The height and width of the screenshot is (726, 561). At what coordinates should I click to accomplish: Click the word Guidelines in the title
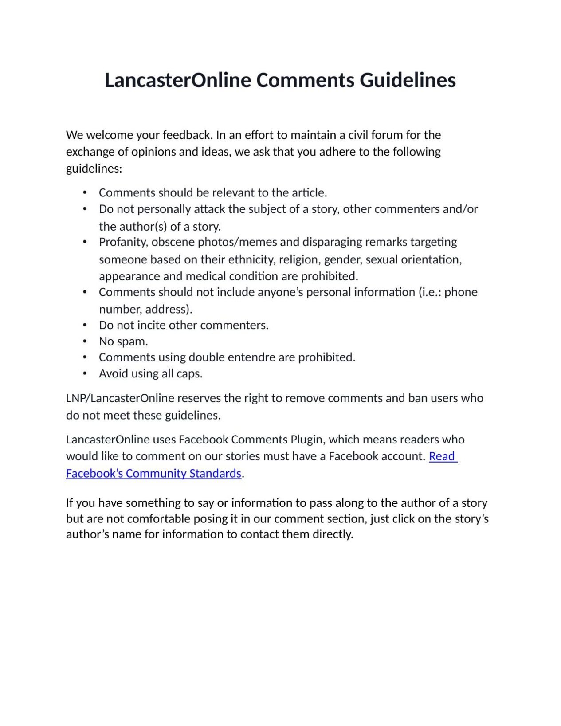(x=407, y=80)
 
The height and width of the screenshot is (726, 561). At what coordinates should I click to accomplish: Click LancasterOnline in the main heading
(x=177, y=80)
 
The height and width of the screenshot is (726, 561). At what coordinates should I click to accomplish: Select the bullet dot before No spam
(x=85, y=341)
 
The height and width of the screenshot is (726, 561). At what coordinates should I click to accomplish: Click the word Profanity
(x=123, y=242)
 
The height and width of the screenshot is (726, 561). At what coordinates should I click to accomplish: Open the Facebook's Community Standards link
(x=153, y=474)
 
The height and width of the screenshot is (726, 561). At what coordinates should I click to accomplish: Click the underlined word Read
(x=442, y=456)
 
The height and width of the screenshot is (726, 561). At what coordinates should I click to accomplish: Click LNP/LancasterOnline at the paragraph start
(x=120, y=398)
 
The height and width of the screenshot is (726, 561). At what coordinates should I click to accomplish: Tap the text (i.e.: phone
(x=448, y=292)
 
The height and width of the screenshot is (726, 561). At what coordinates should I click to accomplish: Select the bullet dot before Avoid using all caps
(x=85, y=373)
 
